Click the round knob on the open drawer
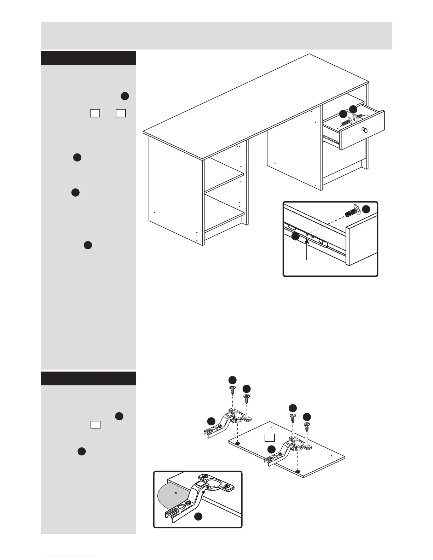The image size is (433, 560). (365, 130)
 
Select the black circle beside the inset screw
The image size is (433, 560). (366, 209)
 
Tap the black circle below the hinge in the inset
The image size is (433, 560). (198, 517)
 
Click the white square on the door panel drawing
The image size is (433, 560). (270, 438)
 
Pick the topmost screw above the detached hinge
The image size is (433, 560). (232, 390)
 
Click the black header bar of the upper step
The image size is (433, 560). (88, 58)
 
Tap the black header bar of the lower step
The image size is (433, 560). (88, 378)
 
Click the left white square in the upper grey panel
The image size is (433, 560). (94, 113)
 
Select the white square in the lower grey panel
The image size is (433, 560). (95, 425)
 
